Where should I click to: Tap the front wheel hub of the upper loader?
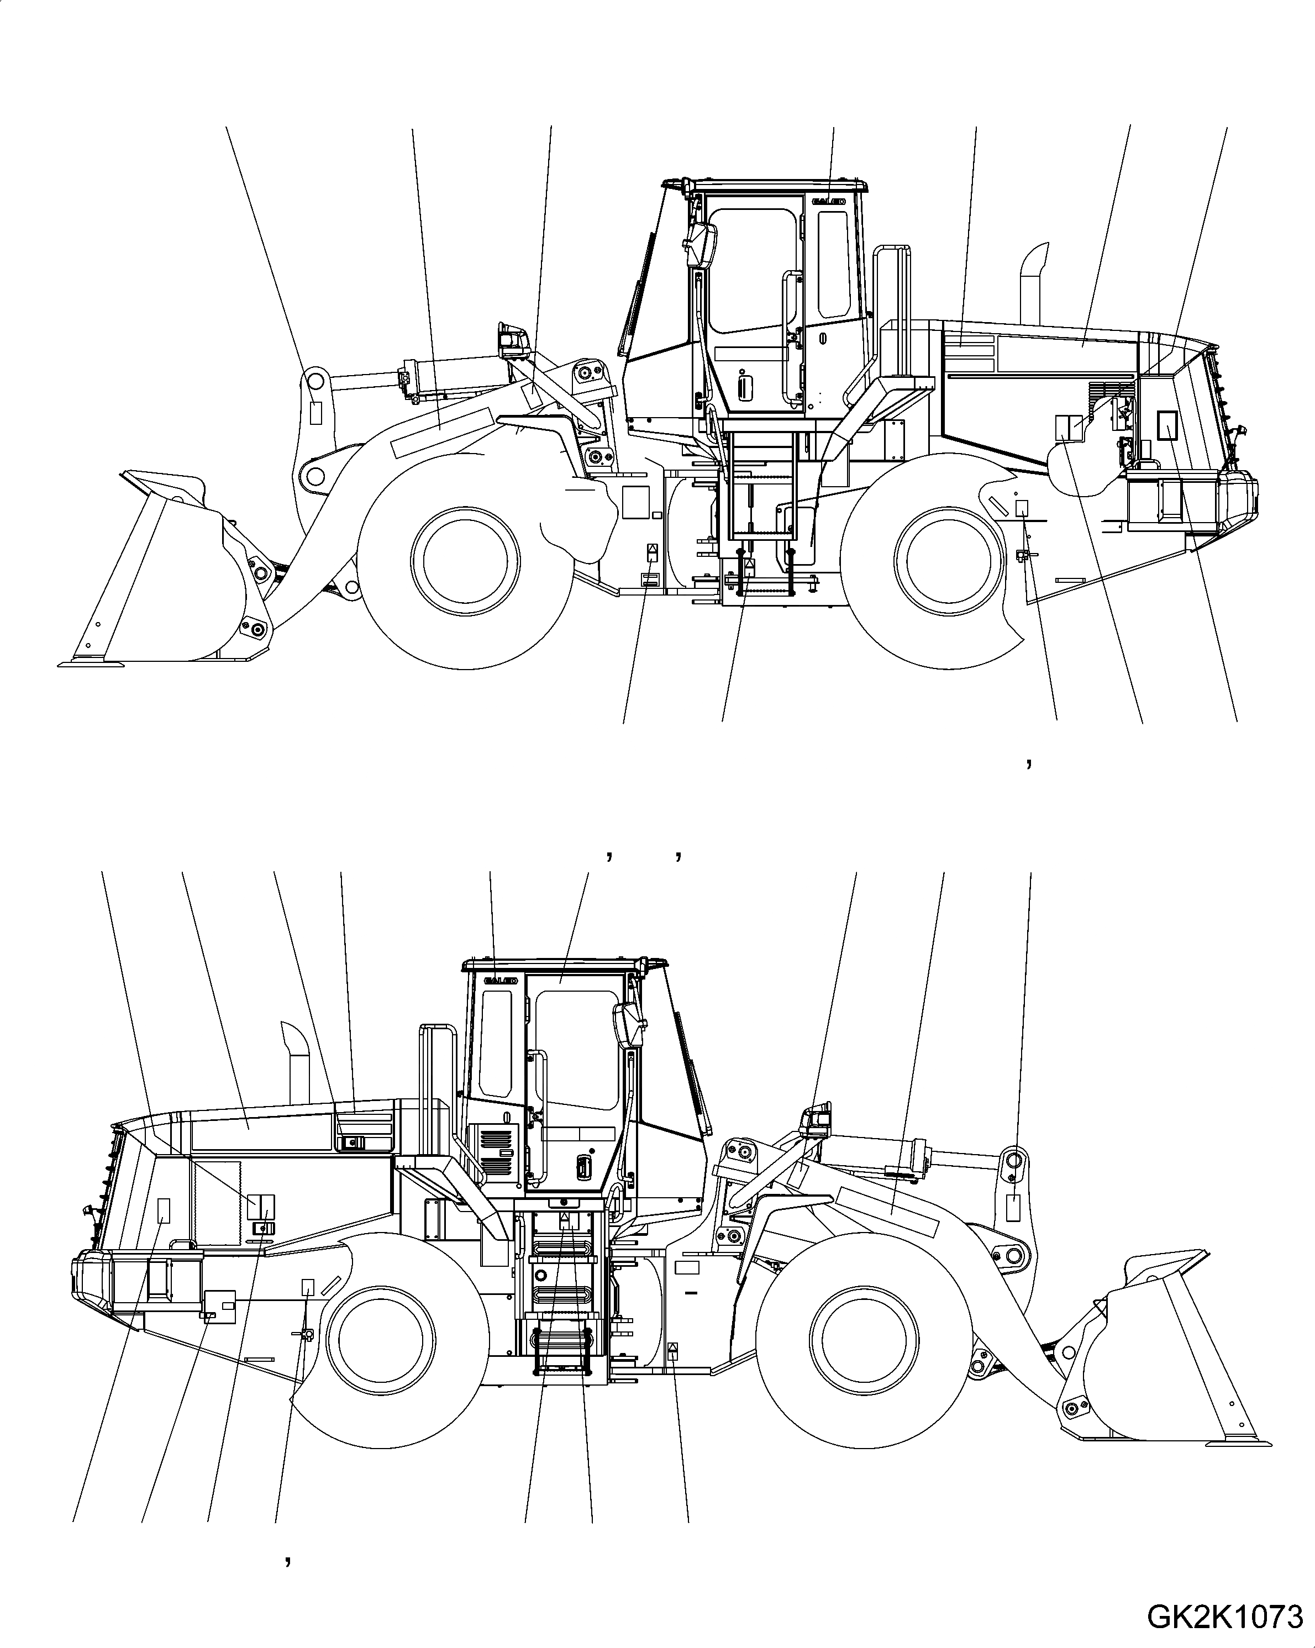(465, 560)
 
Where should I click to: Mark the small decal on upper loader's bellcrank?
(315, 412)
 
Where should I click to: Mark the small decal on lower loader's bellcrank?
(1013, 1208)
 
